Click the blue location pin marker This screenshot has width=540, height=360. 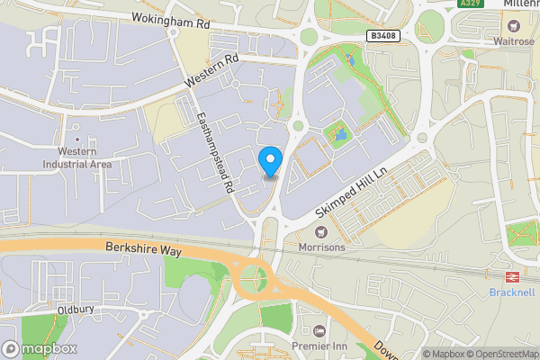point(270,162)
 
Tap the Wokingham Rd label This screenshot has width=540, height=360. point(171,17)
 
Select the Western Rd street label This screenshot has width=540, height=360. point(212,71)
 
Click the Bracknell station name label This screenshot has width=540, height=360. point(512,292)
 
